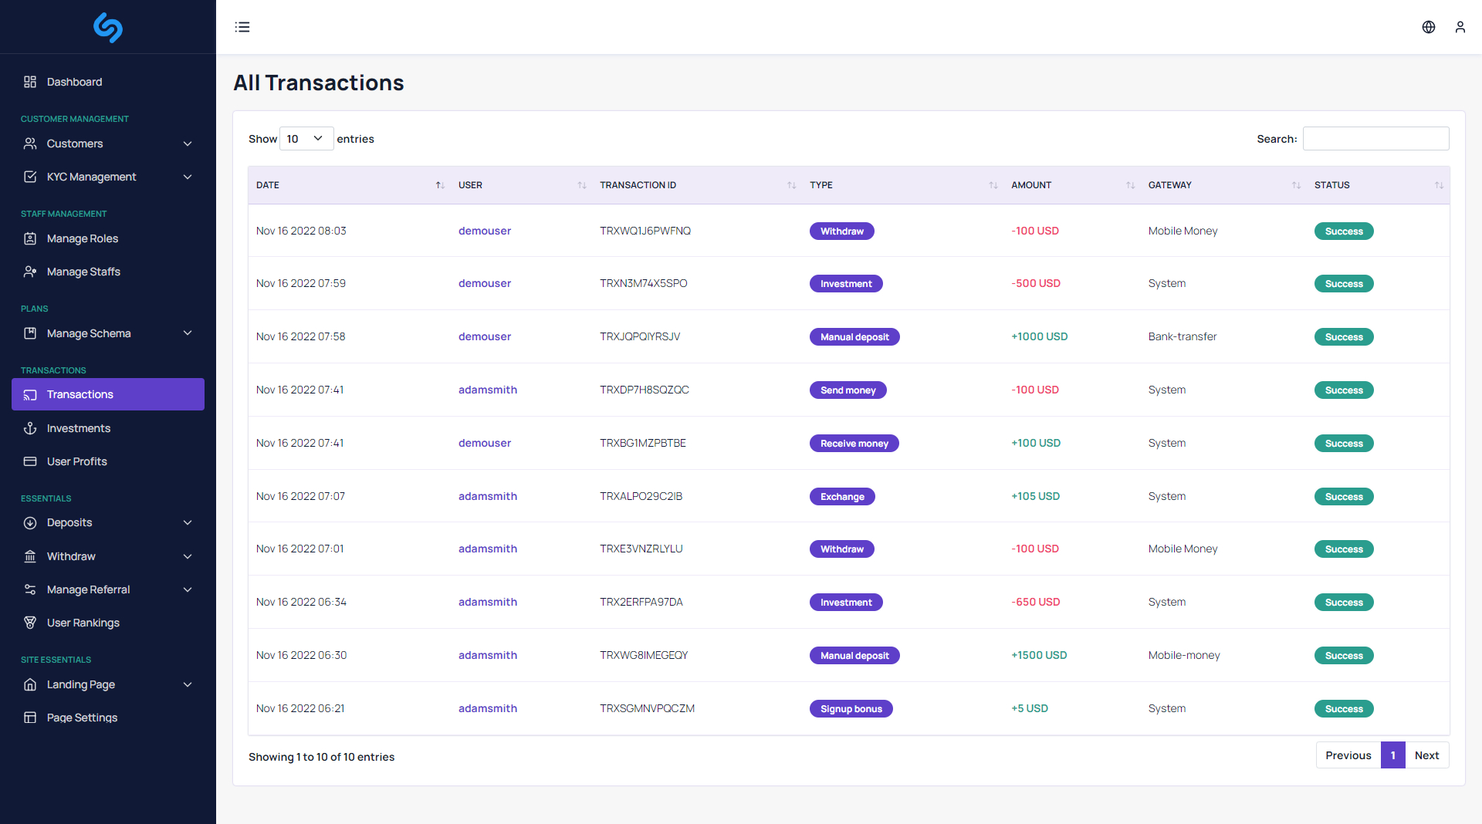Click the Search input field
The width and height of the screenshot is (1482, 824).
[x=1375, y=139]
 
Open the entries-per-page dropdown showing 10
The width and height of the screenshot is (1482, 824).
[x=306, y=139]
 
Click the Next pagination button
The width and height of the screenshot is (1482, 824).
[x=1426, y=755]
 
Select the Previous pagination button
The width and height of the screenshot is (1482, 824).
[x=1348, y=755]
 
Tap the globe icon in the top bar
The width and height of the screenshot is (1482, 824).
[x=1429, y=27]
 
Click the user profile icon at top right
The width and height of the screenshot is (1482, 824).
[x=1460, y=27]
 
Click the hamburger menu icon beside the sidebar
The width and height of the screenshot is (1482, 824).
[x=242, y=27]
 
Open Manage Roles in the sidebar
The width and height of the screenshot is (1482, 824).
[x=82, y=238]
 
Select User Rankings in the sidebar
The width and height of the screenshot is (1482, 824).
[x=83, y=623]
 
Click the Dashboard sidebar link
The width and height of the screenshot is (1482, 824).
[x=74, y=82]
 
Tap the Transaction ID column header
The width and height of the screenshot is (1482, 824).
[x=638, y=185]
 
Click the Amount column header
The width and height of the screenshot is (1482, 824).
[x=1031, y=185]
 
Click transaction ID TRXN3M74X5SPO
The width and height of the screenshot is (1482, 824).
[x=643, y=283]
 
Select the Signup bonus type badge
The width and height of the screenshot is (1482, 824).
[x=851, y=708]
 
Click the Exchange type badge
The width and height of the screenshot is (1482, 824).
[x=841, y=496]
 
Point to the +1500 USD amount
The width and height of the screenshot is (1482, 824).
[x=1039, y=655]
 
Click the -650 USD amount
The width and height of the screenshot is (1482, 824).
[x=1035, y=602]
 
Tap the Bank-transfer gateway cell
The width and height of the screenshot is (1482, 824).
[x=1182, y=336]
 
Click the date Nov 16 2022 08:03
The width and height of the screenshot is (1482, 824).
[x=301, y=231]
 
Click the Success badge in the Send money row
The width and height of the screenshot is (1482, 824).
[x=1343, y=390]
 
